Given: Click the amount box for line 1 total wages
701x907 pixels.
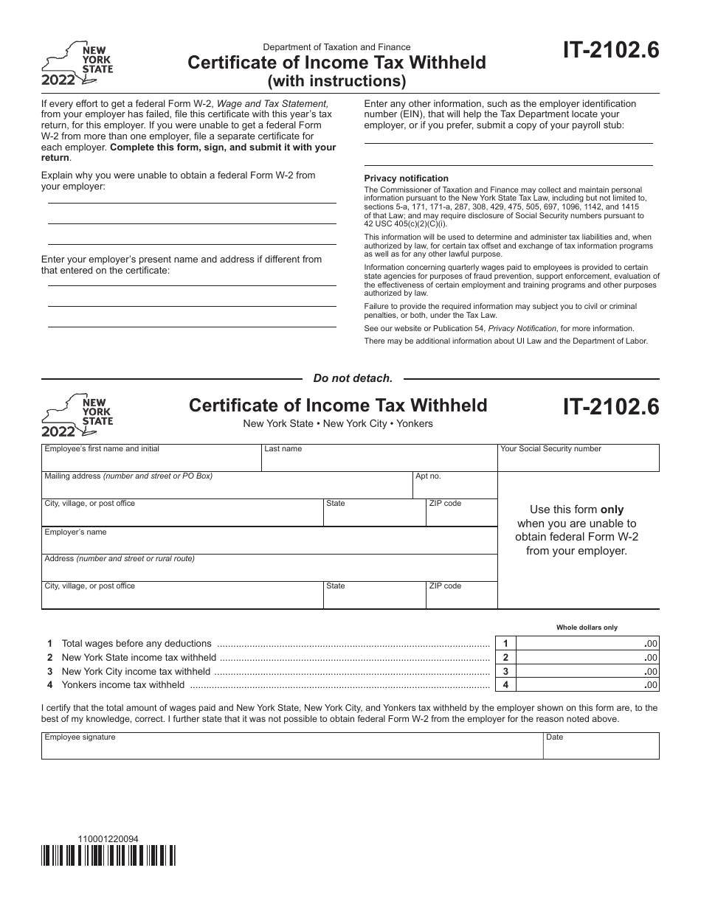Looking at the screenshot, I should [x=587, y=644].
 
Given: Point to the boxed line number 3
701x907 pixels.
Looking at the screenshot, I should [x=505, y=672].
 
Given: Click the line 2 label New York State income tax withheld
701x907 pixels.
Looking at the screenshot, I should [x=139, y=658].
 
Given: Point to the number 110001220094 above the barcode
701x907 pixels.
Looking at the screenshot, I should [x=108, y=838].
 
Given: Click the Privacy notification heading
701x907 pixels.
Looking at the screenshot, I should [x=406, y=178].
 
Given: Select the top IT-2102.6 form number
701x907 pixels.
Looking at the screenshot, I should [x=611, y=51].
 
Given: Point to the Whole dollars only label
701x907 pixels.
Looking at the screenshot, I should [x=587, y=628].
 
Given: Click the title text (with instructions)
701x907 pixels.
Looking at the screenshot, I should [x=336, y=80].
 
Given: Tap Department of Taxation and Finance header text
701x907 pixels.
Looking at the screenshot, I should [x=336, y=47].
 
